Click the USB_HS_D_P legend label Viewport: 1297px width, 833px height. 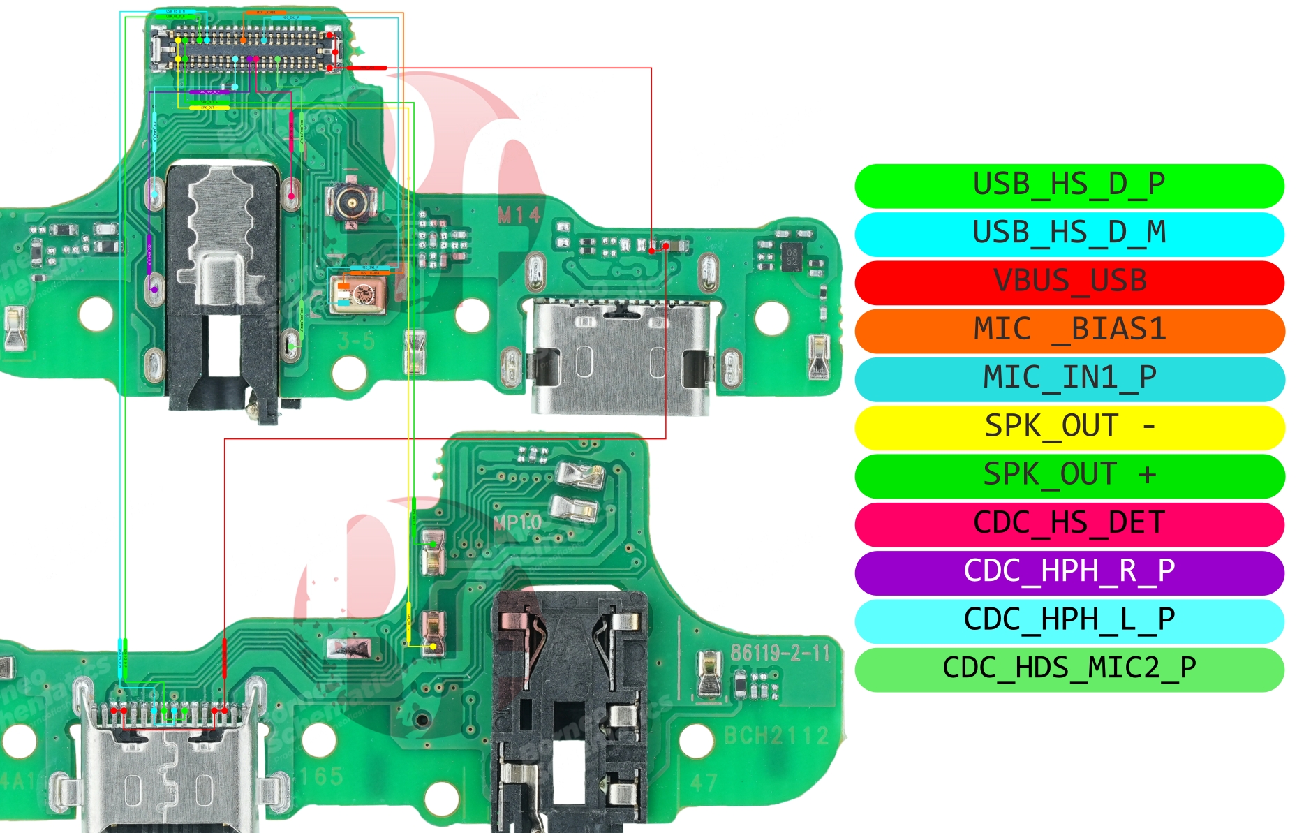tap(1069, 185)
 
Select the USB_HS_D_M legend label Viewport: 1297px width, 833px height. tap(1069, 233)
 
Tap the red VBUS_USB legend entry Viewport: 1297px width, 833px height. tap(1069, 281)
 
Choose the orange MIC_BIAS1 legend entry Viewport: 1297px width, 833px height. tap(1069, 330)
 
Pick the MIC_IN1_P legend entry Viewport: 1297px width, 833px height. tap(1069, 378)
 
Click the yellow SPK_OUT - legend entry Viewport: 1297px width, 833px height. tap(1069, 427)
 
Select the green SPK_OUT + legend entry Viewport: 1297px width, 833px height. tap(1069, 475)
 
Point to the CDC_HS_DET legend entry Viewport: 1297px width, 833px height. tap(1069, 523)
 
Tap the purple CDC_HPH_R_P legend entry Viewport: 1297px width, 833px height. tap(1069, 572)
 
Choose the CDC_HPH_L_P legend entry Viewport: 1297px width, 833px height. tap(1069, 620)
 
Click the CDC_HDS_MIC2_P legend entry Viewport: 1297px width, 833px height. tap(1069, 668)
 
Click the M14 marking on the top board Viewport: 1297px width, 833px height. tap(519, 216)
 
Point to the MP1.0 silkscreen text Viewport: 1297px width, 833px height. tap(517, 522)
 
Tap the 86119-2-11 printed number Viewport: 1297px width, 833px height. tap(780, 654)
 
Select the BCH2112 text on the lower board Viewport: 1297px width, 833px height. tap(776, 735)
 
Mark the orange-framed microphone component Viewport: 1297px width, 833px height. tap(357, 293)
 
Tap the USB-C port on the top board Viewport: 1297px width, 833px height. tap(619, 356)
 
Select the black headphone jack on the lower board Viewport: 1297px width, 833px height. tap(569, 705)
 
